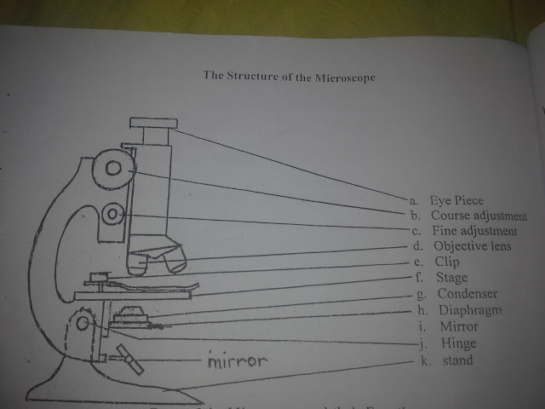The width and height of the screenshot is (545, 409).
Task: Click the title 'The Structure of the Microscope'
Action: (x=290, y=75)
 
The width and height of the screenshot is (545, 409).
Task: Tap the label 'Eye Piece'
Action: (x=456, y=201)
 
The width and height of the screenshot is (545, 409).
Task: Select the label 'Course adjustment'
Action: (x=479, y=216)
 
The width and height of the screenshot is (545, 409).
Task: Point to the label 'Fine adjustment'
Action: (x=474, y=231)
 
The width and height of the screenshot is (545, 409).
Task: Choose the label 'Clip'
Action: (x=447, y=262)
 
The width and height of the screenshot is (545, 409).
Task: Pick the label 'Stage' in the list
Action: (x=451, y=278)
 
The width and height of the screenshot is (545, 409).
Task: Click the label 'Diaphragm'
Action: (x=465, y=311)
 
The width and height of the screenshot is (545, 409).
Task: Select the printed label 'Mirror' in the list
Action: (x=460, y=326)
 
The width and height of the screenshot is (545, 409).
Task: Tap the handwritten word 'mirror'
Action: (x=238, y=360)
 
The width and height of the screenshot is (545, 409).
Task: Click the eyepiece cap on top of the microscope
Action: (x=153, y=124)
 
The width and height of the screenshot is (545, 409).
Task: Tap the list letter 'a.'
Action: (x=414, y=201)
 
